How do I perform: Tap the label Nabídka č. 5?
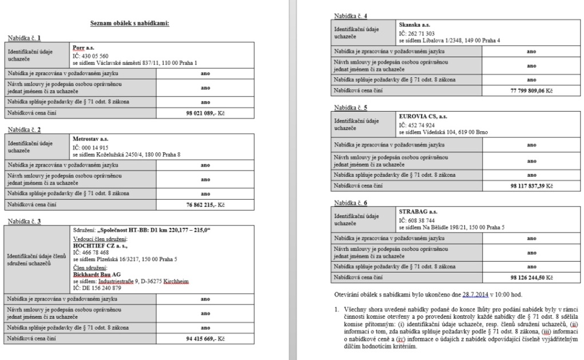350,107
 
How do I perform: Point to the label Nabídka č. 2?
23,129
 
